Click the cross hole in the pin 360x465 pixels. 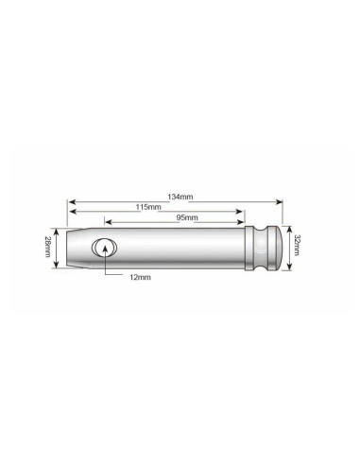point(103,249)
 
